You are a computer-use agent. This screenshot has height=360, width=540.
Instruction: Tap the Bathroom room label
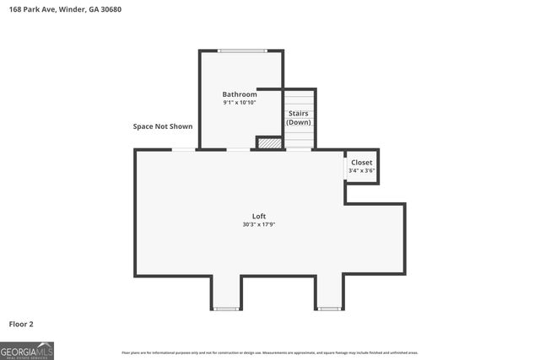click(240, 94)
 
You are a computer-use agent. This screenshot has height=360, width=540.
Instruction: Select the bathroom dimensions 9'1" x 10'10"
click(240, 103)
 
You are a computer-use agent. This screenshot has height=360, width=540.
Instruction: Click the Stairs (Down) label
click(299, 116)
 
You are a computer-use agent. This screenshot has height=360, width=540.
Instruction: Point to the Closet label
click(362, 162)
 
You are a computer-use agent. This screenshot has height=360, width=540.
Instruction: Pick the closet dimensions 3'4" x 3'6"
click(362, 171)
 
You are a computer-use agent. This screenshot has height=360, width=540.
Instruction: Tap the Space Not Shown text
click(163, 126)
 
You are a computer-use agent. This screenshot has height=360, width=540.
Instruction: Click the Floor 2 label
click(21, 324)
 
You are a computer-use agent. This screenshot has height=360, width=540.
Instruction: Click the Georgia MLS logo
click(27, 350)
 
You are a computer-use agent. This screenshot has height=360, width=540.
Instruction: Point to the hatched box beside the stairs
click(269, 143)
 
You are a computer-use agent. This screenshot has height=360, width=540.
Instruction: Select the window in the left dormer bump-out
click(226, 309)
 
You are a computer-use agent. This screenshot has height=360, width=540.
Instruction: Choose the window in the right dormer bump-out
click(329, 309)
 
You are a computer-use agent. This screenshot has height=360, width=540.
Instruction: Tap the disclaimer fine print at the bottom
click(269, 352)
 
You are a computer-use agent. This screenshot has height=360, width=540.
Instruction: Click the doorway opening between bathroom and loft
click(239, 150)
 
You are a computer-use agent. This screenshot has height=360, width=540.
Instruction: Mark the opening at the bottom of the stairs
click(299, 150)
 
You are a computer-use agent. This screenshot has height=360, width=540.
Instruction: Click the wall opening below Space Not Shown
click(184, 150)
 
